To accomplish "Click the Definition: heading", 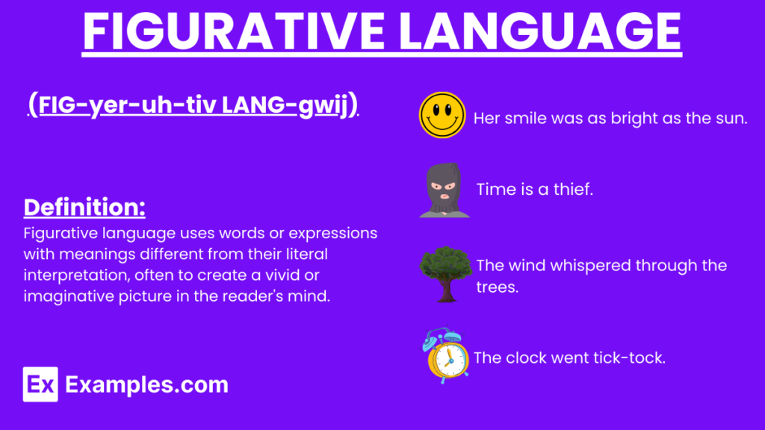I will point(84,207).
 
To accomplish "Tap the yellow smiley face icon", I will point(442,116).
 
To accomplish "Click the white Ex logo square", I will point(40,384).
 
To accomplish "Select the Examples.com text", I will point(146,384).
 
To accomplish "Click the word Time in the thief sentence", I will point(495,190).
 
